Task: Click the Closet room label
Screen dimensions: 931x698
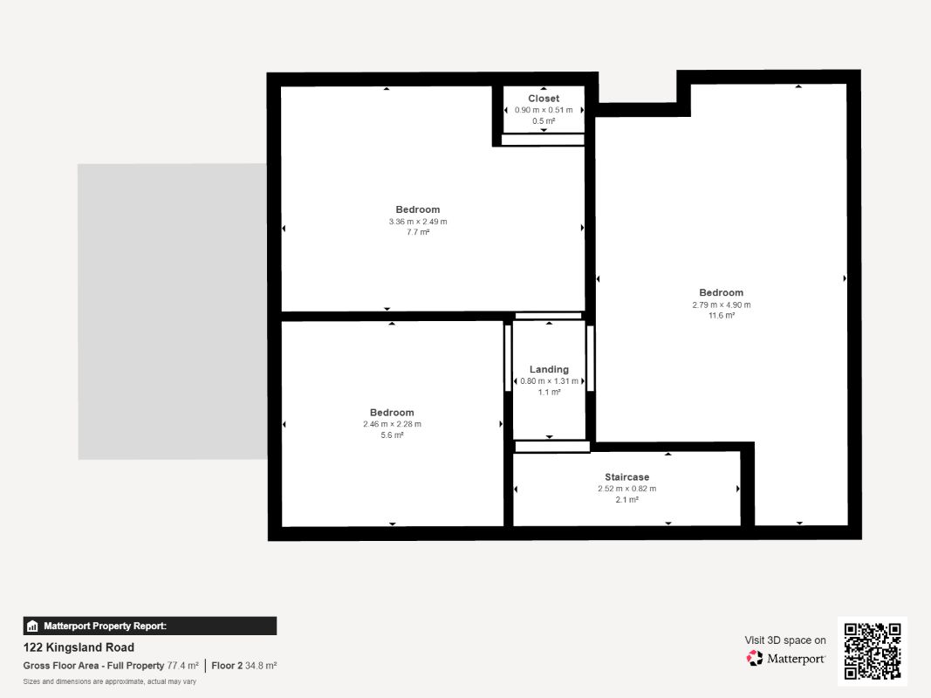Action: [544, 99]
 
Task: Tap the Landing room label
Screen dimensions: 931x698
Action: [549, 369]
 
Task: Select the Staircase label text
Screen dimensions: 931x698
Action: [627, 477]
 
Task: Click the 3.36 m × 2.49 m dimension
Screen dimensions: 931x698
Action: [418, 222]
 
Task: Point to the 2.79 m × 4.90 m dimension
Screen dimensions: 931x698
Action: [722, 305]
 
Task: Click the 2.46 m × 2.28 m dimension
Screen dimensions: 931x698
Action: [392, 424]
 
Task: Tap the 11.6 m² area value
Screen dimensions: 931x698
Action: [722, 316]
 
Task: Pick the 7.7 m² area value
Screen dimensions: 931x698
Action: [418, 232]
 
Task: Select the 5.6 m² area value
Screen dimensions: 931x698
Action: [392, 435]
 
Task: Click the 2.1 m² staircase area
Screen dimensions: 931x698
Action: [627, 500]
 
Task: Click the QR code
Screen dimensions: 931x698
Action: [873, 651]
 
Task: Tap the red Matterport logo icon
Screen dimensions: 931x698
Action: [755, 658]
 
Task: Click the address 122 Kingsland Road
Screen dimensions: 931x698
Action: [79, 647]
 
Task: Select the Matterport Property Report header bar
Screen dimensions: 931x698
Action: [149, 626]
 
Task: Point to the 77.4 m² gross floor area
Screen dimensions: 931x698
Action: [183, 666]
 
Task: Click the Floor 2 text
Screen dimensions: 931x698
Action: [227, 666]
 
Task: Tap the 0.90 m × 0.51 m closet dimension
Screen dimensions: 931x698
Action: [544, 110]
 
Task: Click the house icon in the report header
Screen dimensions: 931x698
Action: [32, 626]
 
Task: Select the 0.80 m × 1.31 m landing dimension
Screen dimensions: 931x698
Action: [549, 381]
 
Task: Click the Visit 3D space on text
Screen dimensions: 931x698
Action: [785, 640]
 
